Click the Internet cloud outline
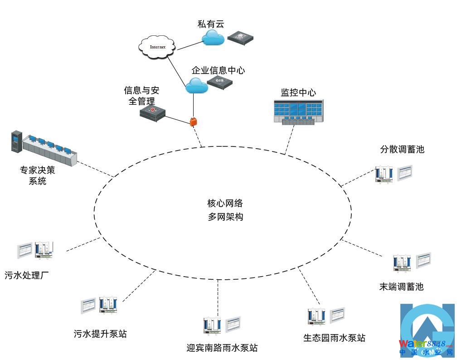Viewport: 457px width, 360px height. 157,47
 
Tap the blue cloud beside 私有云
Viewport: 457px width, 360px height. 213,39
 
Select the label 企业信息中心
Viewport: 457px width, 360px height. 218,71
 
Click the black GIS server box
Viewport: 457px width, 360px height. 220,82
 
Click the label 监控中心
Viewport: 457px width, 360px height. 298,93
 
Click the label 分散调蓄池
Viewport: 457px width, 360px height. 402,149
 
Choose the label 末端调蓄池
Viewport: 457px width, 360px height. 401,287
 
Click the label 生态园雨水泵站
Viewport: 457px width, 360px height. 334,338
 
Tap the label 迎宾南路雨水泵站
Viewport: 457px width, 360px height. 222,348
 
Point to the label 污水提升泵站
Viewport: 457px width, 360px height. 100,334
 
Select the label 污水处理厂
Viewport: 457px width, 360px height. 27,275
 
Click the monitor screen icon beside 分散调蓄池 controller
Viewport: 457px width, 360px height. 405,173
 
